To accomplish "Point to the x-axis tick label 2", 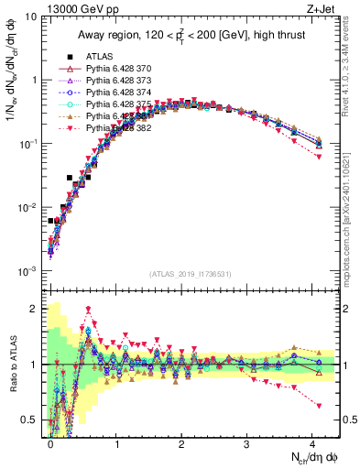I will [181, 442].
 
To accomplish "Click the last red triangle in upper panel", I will [319, 157].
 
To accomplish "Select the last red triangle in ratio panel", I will [319, 406].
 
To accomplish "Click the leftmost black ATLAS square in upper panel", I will [51, 221].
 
